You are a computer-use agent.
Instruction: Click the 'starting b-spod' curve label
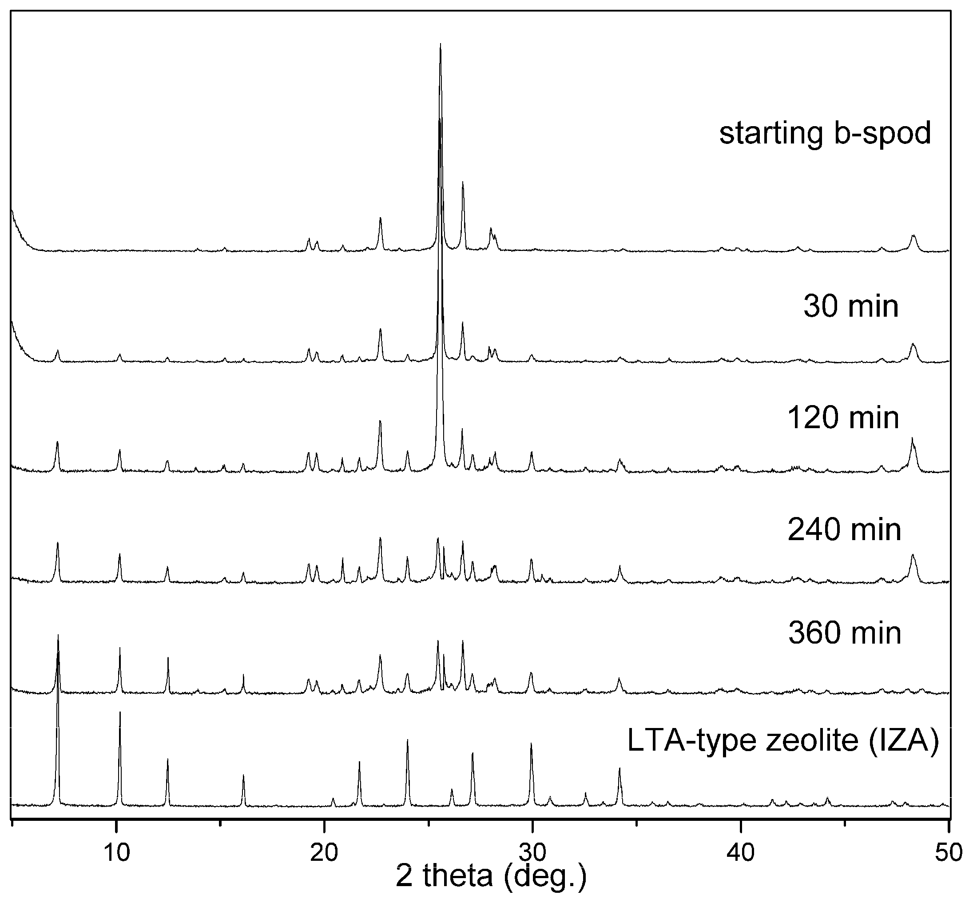click(x=825, y=133)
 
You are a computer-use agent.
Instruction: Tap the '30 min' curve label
click(x=850, y=306)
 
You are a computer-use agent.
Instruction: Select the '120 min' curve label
click(x=843, y=418)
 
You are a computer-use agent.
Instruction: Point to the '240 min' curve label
click(x=844, y=529)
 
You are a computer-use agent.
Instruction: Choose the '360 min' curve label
click(x=845, y=633)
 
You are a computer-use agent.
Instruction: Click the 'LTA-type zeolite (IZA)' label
click(x=782, y=740)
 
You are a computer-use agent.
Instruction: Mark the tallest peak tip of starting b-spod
click(x=440, y=44)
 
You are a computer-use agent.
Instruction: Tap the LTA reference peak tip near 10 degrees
click(x=120, y=712)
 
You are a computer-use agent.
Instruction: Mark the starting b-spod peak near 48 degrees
click(x=913, y=235)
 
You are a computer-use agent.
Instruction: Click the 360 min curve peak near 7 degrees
click(x=58, y=635)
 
